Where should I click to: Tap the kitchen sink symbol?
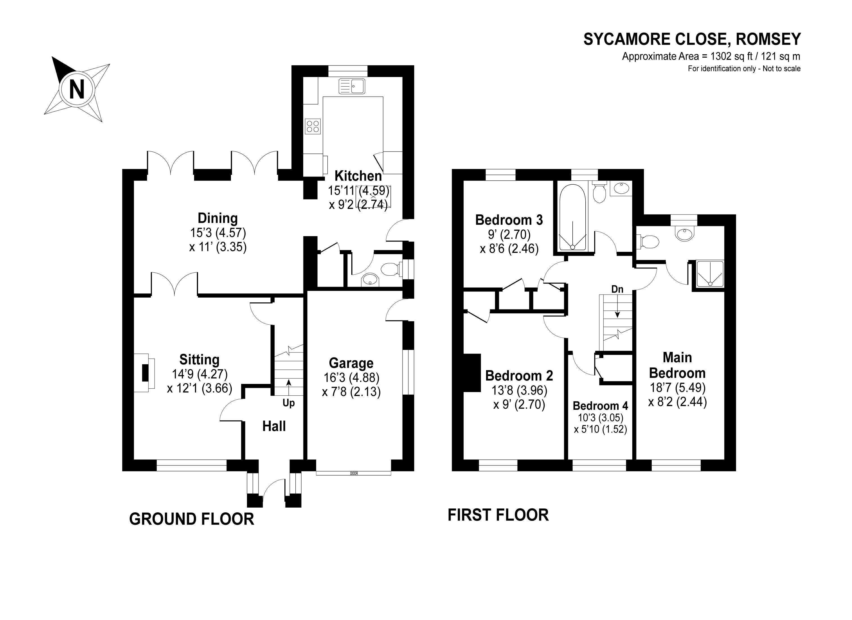point(352,86)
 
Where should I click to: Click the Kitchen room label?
point(358,176)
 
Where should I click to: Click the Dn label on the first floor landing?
point(617,289)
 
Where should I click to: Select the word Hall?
point(274,426)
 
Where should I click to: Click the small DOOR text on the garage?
point(354,474)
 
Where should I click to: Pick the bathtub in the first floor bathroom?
point(572,218)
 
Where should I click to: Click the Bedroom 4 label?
point(600,406)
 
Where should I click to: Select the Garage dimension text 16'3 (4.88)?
point(351,377)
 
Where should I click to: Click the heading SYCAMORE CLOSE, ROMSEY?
point(692,39)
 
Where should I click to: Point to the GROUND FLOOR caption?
point(192,519)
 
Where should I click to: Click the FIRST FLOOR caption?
point(498,515)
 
